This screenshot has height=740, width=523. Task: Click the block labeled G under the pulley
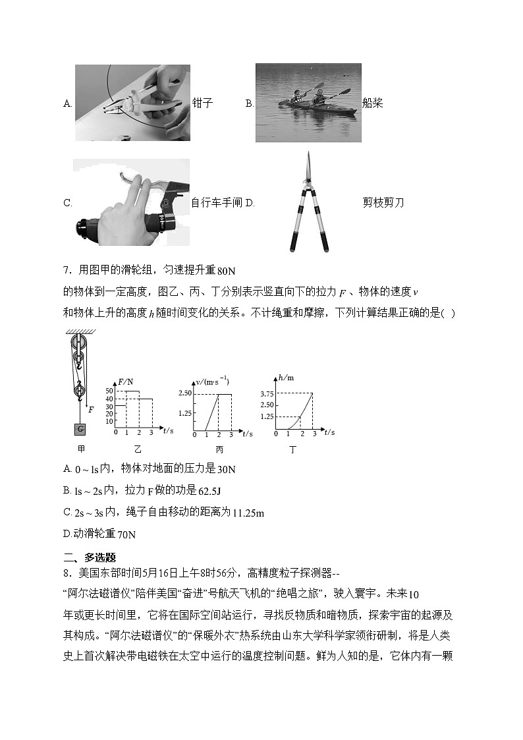[80, 430]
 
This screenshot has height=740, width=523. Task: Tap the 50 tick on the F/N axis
[110, 391]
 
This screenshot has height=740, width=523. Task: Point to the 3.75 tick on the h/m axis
[267, 393]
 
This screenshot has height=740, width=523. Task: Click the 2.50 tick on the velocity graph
[184, 393]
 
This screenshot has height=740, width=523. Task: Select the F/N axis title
[126, 382]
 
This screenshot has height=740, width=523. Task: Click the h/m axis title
[285, 378]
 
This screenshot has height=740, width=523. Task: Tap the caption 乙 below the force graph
[138, 449]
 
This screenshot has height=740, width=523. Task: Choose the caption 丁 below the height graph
[292, 450]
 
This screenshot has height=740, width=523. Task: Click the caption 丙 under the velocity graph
[219, 450]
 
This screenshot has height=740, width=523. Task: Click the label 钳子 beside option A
[202, 103]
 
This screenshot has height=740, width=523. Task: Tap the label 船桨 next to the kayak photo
[372, 103]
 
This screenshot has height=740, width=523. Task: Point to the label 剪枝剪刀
[383, 202]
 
